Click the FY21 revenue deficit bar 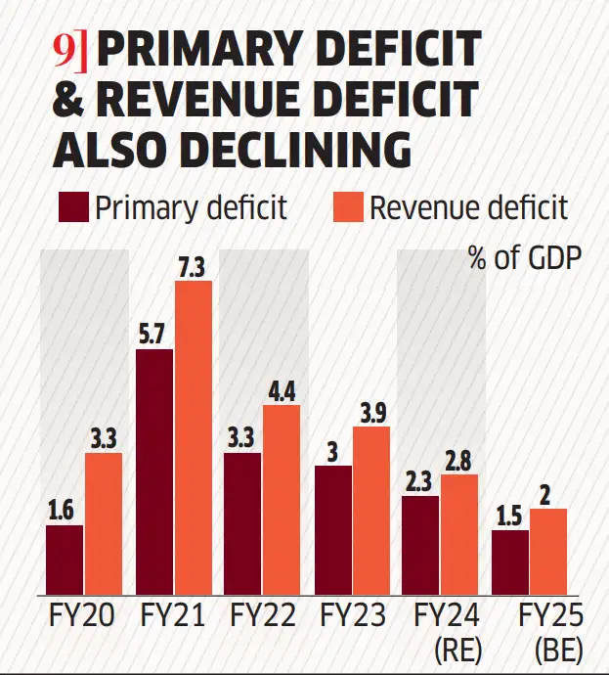pyautogui.click(x=194, y=437)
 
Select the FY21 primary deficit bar pyautogui.click(x=155, y=472)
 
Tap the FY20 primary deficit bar pyautogui.click(x=65, y=560)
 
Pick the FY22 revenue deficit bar pyautogui.click(x=283, y=499)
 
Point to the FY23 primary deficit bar pyautogui.click(x=333, y=529)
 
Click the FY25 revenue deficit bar pyautogui.click(x=547, y=551)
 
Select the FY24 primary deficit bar pyautogui.click(x=421, y=544)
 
